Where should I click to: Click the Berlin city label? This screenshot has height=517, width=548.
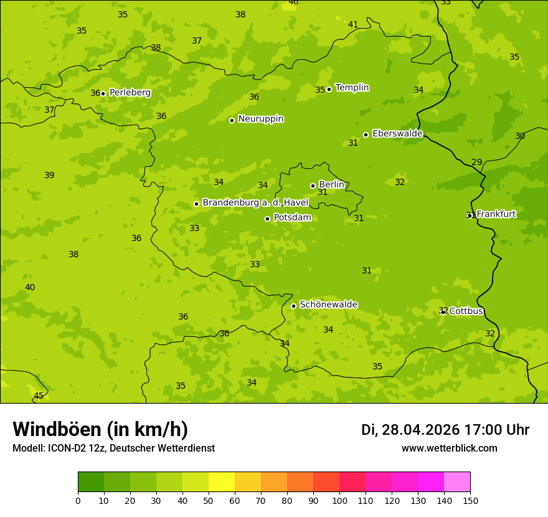tap(331, 184)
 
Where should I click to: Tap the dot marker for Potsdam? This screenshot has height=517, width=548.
tap(268, 219)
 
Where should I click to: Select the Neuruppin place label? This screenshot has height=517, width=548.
tap(261, 118)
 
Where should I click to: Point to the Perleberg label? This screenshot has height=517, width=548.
tap(130, 92)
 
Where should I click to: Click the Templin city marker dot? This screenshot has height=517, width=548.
tap(329, 89)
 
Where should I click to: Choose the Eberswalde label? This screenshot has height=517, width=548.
tap(397, 133)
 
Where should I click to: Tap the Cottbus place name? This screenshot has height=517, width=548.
tap(466, 311)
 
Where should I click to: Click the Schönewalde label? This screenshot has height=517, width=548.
tap(328, 305)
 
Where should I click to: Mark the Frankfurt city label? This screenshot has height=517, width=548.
tap(496, 214)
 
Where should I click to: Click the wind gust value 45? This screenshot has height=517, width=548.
tap(39, 396)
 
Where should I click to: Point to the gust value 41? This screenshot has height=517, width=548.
tap(353, 25)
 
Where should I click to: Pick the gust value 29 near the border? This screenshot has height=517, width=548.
tap(477, 162)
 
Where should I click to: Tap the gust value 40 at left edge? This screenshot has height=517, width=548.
tap(30, 287)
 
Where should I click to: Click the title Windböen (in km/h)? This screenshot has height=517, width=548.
tap(100, 429)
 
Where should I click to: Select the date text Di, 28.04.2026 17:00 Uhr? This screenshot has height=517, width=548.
tap(445, 430)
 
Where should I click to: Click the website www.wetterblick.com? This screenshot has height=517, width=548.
tap(449, 448)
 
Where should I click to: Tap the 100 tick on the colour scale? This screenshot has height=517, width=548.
tap(339, 500)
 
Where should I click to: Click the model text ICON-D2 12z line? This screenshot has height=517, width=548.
tap(113, 448)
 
